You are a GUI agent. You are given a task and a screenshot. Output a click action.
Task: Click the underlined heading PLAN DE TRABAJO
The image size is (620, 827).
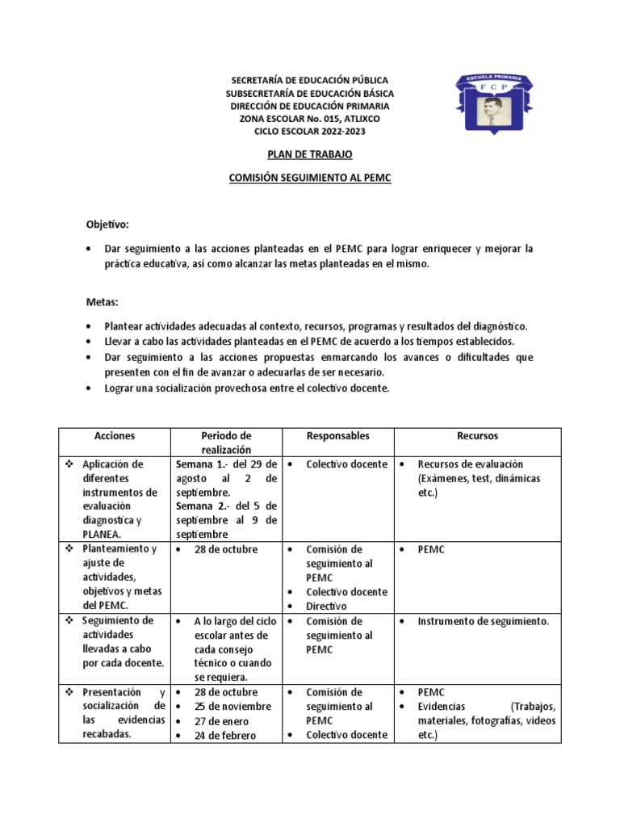[x=310, y=153]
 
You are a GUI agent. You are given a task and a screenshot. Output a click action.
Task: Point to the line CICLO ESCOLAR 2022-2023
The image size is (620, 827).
[x=310, y=131]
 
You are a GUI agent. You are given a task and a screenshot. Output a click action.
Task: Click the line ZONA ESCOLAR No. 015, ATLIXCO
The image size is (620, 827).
[x=310, y=119]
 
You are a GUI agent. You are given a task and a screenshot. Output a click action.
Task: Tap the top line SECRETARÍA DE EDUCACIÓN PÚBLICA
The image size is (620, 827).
[x=310, y=81]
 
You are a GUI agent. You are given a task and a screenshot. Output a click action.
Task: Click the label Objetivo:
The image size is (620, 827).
[x=107, y=224]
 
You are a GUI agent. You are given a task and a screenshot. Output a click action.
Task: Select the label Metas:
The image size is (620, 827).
[x=103, y=302]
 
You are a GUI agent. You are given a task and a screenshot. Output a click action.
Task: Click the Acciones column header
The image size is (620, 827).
[x=114, y=436]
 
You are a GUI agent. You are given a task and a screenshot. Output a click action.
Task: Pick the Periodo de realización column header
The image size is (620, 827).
[x=226, y=443]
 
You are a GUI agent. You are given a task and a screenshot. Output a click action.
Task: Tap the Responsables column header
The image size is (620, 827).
[x=338, y=436]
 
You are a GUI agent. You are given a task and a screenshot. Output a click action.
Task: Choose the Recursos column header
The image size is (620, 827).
[x=477, y=436]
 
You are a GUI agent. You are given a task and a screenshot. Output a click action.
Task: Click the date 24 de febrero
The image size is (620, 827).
[x=224, y=736]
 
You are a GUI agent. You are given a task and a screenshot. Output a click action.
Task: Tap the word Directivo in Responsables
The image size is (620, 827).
[x=326, y=606]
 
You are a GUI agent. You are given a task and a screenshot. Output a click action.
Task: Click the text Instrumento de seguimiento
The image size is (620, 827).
[x=483, y=622]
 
